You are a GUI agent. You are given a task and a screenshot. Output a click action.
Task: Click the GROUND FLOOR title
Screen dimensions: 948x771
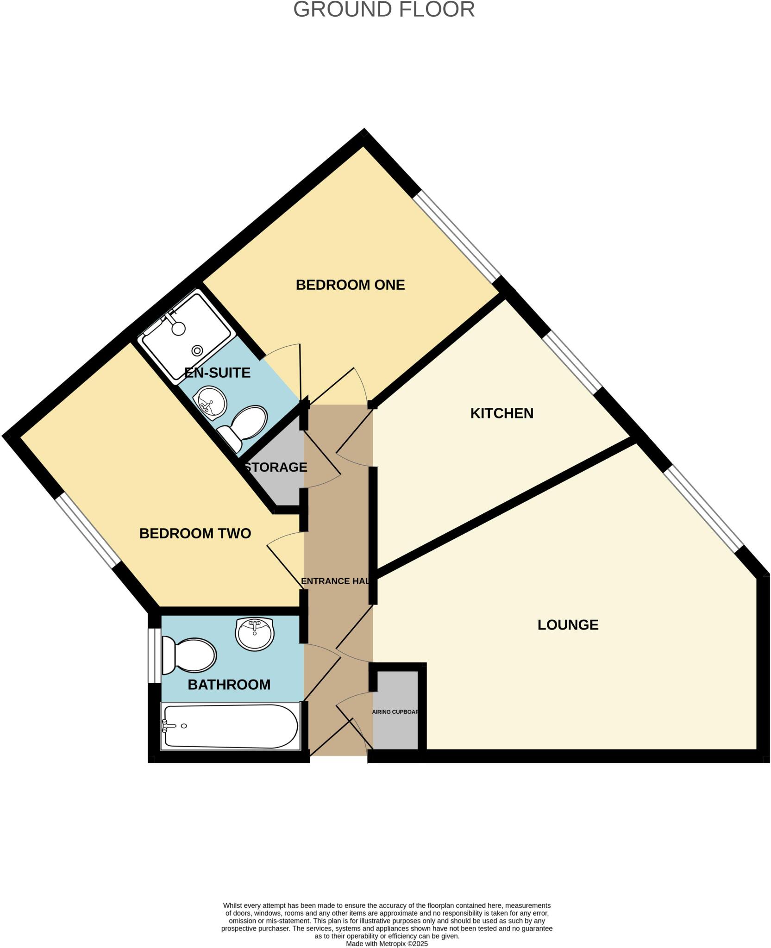pyautogui.click(x=384, y=10)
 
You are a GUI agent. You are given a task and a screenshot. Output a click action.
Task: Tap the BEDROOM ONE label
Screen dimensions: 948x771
pyautogui.click(x=350, y=285)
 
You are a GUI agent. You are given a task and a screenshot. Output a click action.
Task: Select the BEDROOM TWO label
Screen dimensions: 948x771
pyautogui.click(x=195, y=533)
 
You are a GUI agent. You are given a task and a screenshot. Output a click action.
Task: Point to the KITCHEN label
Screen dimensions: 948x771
pyautogui.click(x=501, y=413)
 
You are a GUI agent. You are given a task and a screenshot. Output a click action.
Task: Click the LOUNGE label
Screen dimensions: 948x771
pyautogui.click(x=568, y=625)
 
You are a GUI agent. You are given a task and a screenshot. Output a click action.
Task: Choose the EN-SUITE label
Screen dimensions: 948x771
pyautogui.click(x=217, y=373)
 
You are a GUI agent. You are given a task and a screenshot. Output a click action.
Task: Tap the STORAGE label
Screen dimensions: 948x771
pyautogui.click(x=276, y=467)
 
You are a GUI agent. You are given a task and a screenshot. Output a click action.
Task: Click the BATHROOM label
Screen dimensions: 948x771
pyautogui.click(x=229, y=684)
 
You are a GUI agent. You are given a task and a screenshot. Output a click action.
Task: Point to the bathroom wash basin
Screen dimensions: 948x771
pyautogui.click(x=255, y=634)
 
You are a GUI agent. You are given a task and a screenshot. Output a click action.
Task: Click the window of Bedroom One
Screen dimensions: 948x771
pyautogui.click(x=457, y=236)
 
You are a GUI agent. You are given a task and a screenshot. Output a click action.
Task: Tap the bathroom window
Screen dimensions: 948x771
pyautogui.click(x=151, y=655)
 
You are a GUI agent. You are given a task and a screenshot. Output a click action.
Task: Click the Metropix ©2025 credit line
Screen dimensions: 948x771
pyautogui.click(x=387, y=943)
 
